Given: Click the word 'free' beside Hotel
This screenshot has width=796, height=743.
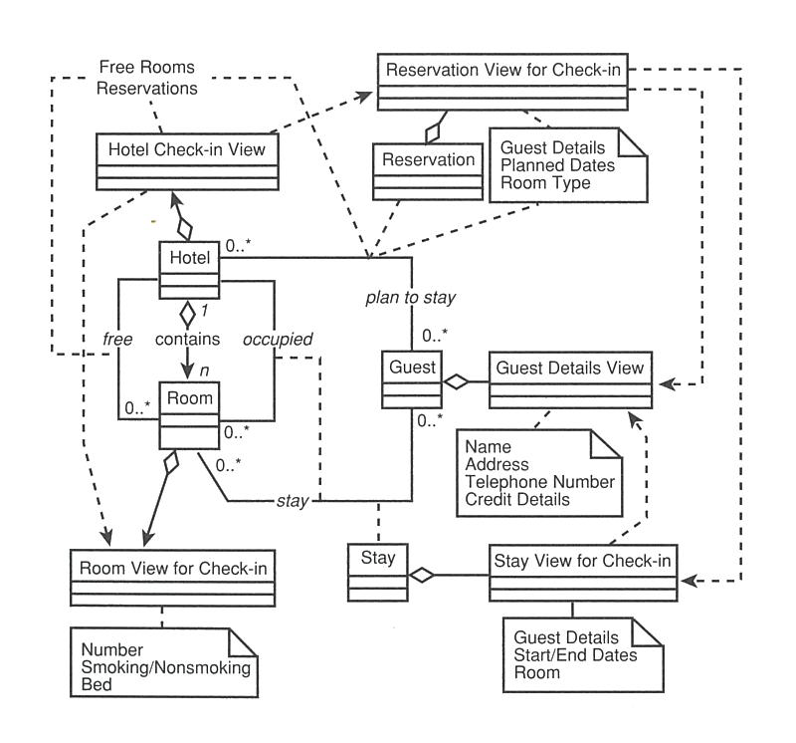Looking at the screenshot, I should [x=118, y=340].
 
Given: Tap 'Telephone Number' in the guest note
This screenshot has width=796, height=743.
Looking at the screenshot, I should [x=539, y=482].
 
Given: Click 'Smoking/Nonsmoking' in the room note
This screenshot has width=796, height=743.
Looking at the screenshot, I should [x=165, y=667].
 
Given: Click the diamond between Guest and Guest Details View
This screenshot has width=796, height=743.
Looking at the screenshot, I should [x=457, y=378].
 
